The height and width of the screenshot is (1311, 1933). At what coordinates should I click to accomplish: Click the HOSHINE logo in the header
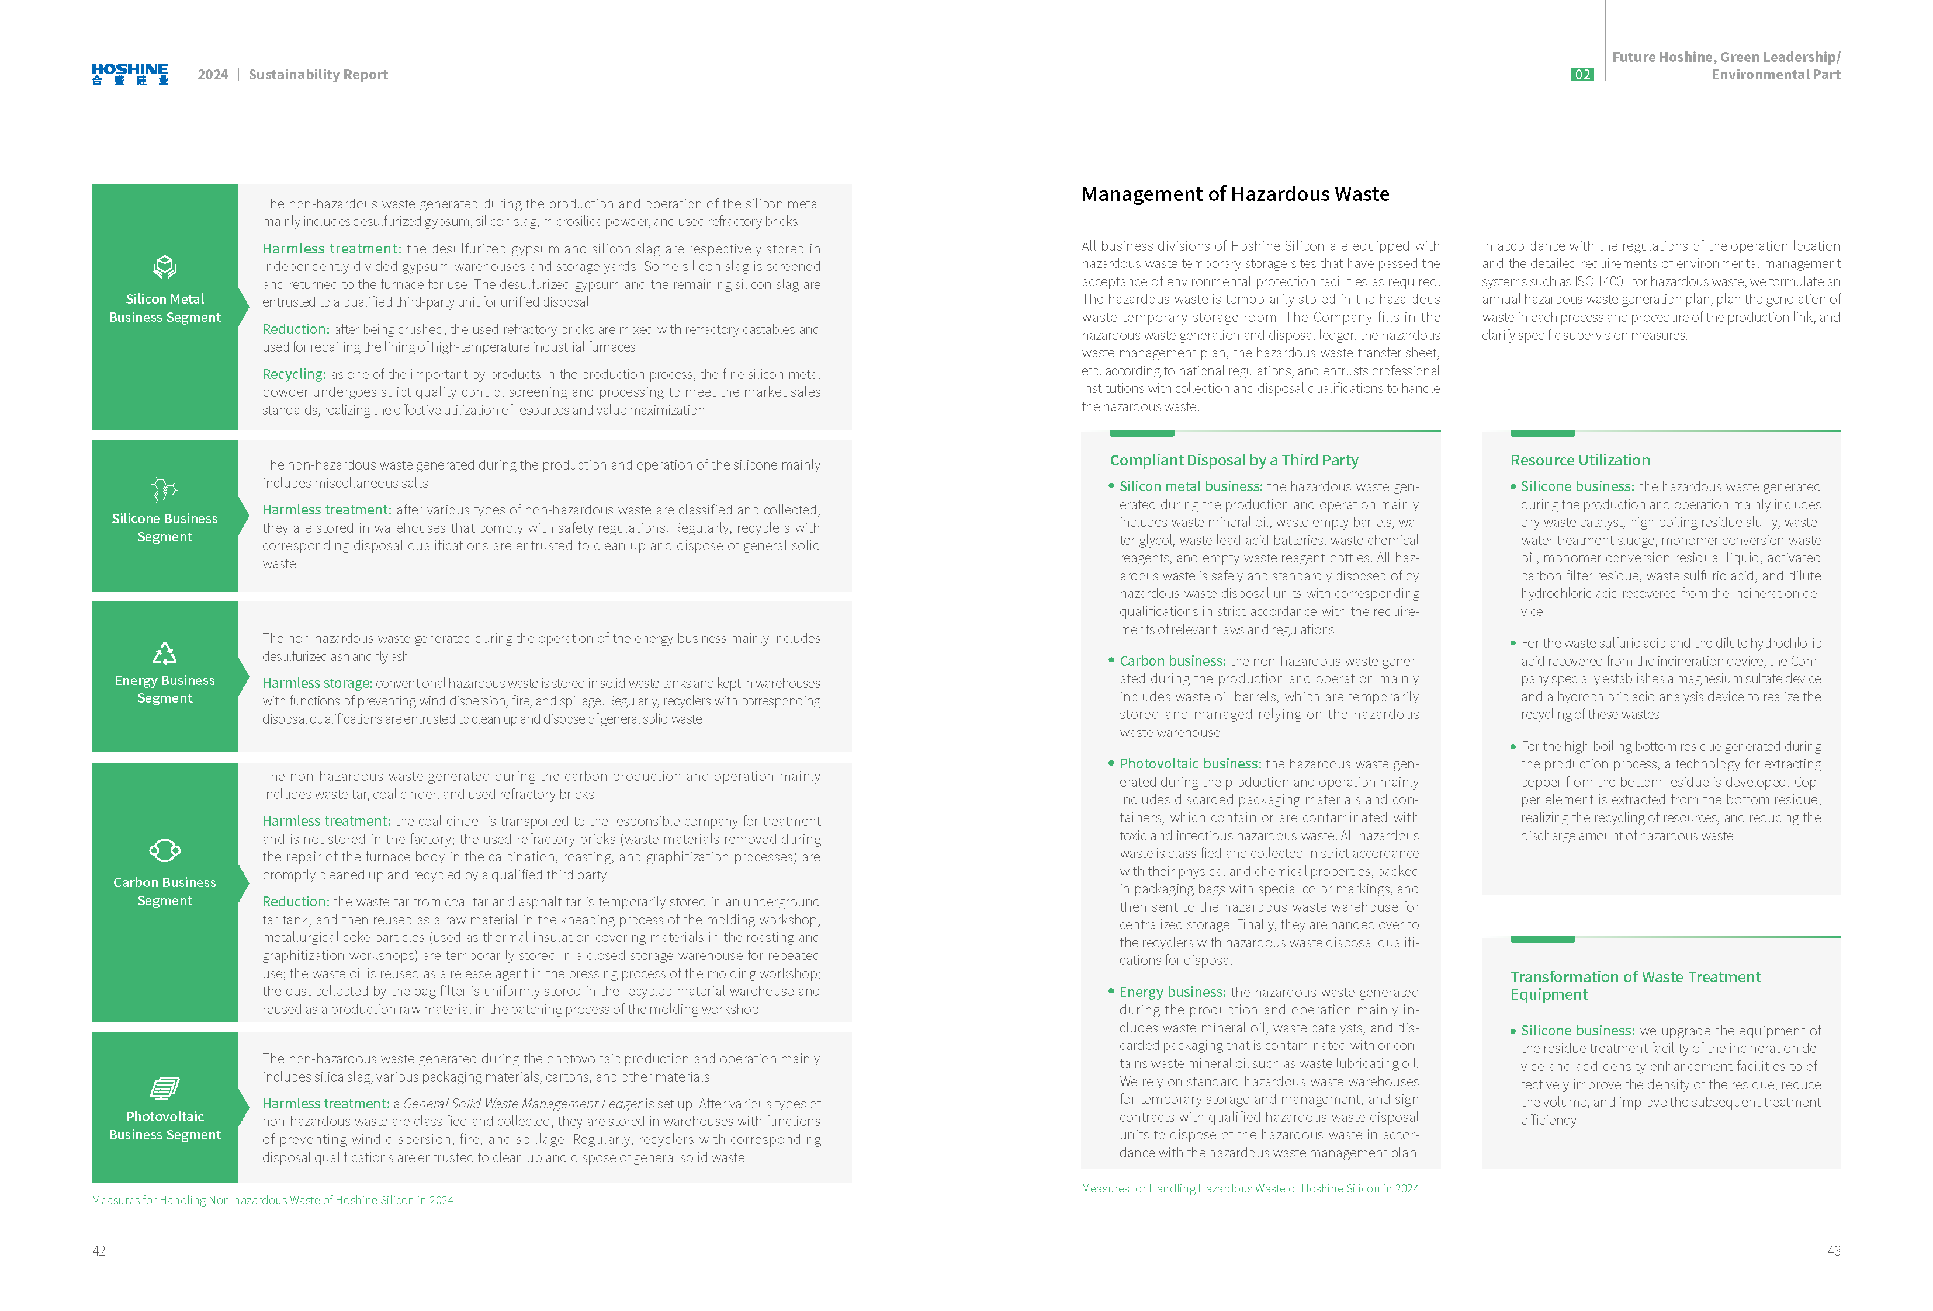(130, 74)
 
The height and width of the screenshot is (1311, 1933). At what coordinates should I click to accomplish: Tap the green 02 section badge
(1581, 75)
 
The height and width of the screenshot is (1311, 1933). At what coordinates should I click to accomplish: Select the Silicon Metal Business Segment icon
(165, 267)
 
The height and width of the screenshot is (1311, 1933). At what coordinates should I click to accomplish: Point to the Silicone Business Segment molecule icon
(165, 489)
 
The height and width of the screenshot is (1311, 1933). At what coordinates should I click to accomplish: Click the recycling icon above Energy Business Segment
(165, 653)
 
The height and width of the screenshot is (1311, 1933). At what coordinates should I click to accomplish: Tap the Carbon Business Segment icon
(165, 850)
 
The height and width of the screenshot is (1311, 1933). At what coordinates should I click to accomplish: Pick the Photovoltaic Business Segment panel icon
(165, 1087)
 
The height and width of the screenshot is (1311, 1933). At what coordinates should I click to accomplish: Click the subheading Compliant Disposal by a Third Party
(1234, 460)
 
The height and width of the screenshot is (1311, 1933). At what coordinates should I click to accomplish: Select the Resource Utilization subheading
(1579, 460)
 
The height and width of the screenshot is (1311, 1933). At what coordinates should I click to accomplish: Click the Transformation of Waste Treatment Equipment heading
(1634, 985)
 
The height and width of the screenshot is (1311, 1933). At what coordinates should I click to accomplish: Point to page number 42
(99, 1250)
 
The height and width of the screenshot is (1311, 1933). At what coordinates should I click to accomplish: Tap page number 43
(1833, 1250)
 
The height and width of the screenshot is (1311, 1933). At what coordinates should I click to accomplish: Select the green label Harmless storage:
(317, 683)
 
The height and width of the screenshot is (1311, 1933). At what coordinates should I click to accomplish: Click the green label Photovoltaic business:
(1189, 763)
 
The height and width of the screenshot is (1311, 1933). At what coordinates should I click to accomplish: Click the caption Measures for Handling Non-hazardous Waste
(272, 1199)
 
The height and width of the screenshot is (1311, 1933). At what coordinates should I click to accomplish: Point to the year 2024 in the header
(213, 75)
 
